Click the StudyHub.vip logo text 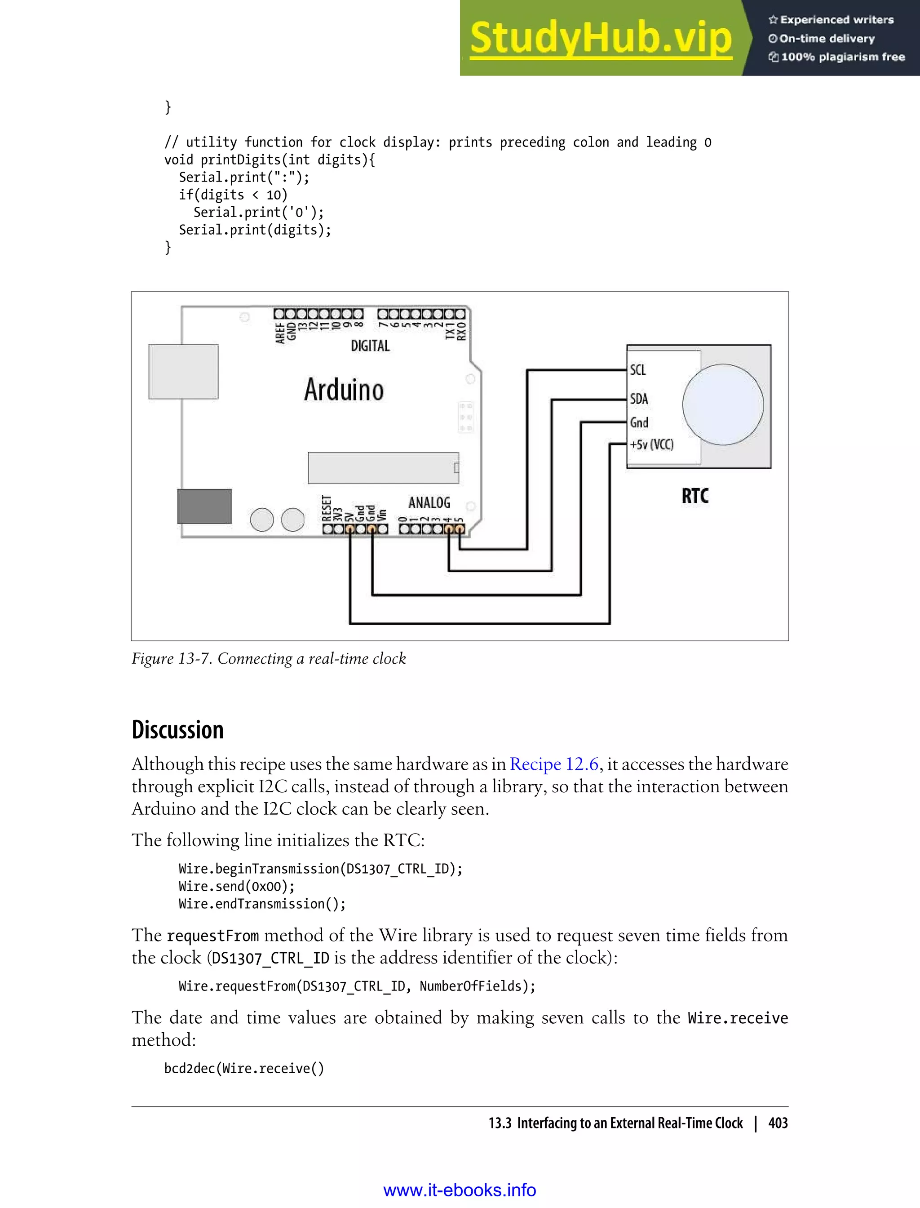601,38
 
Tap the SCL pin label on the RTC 638,370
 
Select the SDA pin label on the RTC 639,398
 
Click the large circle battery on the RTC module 722,404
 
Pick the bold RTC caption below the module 695,496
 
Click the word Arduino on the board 344,390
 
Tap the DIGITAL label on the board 370,346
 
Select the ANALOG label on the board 429,502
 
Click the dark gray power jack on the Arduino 204,506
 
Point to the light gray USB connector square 183,372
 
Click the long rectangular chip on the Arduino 383,467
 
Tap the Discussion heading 178,730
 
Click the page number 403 778,1123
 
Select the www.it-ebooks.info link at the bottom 460,1190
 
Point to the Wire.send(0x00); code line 237,886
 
